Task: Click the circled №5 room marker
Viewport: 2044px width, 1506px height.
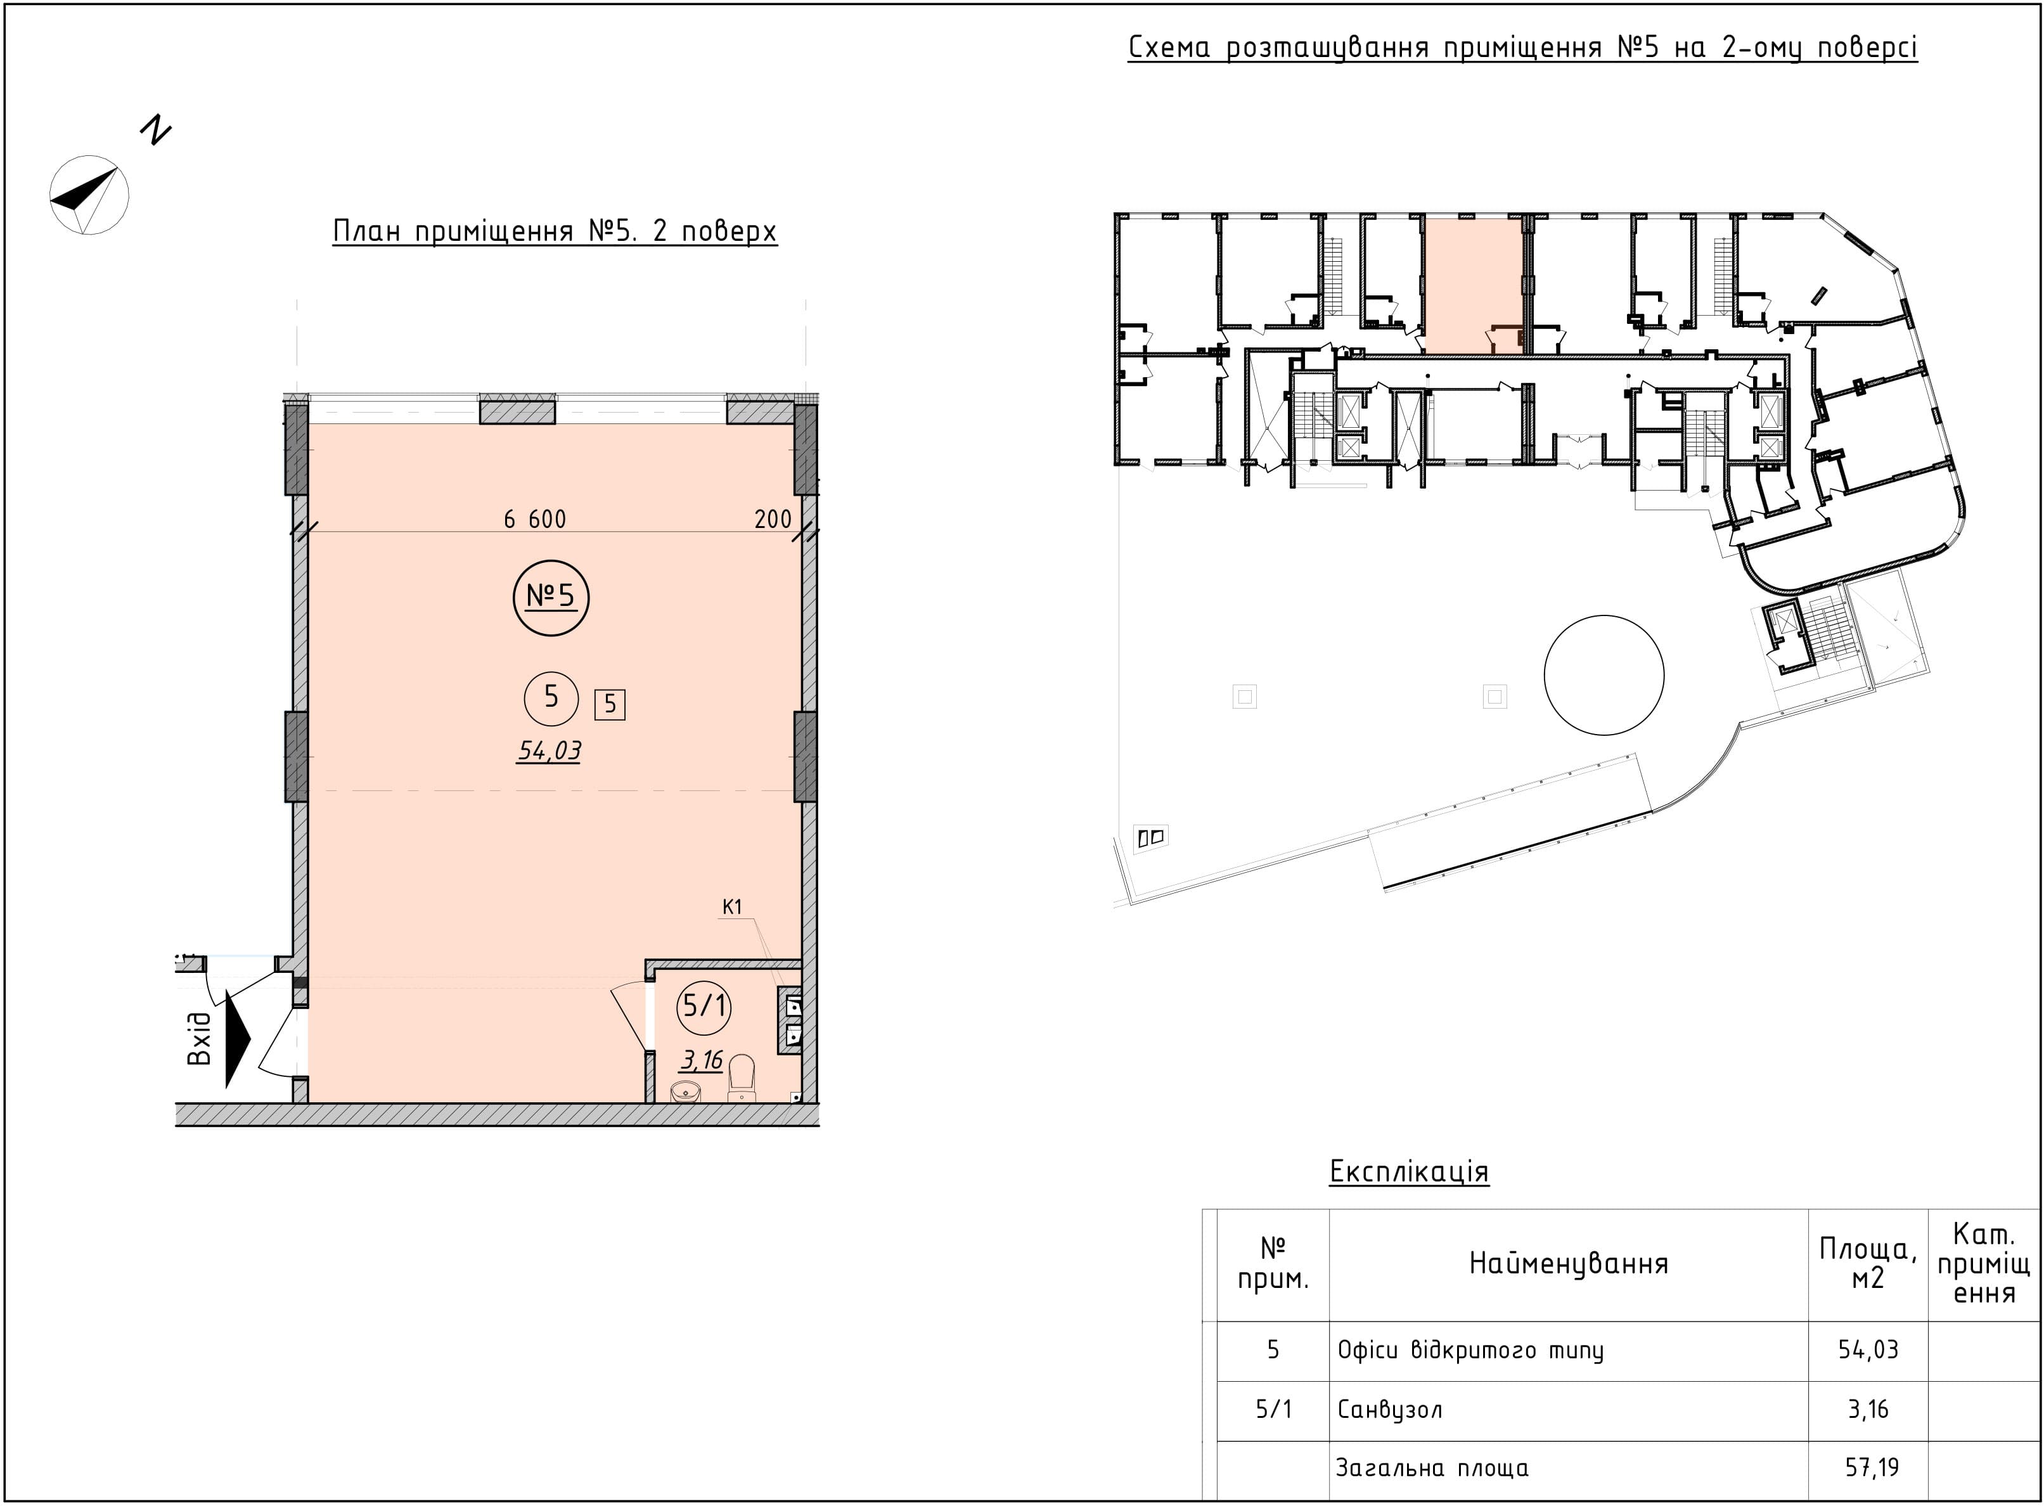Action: click(x=551, y=598)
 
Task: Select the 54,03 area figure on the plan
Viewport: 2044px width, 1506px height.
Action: click(x=550, y=750)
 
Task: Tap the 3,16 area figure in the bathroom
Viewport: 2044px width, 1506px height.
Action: click(x=702, y=1059)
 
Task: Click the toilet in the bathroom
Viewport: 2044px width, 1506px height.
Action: click(x=742, y=1078)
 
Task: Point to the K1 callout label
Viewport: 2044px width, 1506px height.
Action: click(x=732, y=907)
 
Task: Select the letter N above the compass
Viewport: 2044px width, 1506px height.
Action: click(x=156, y=131)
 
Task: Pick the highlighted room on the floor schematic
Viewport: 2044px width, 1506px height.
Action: click(x=1474, y=285)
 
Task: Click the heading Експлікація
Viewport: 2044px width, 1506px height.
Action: click(x=1408, y=1171)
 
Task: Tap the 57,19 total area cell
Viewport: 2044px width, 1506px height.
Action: click(x=1868, y=1467)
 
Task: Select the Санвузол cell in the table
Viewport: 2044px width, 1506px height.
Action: click(x=1389, y=1410)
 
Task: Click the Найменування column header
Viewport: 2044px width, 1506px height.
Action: click(x=1568, y=1263)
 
